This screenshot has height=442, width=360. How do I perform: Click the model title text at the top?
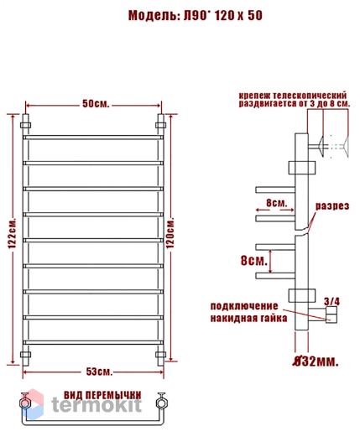click(196, 16)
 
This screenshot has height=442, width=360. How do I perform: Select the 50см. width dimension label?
click(96, 104)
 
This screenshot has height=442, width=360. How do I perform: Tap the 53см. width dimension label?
click(99, 372)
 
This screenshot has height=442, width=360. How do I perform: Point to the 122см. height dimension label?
click(12, 233)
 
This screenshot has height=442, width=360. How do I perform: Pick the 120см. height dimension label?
click(170, 232)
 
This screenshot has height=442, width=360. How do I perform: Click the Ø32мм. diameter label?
click(316, 361)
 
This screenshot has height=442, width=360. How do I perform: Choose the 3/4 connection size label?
click(331, 301)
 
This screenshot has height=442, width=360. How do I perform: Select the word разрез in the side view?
click(332, 206)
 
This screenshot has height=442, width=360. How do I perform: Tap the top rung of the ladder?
click(93, 138)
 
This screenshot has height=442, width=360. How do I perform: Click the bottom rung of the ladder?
click(93, 343)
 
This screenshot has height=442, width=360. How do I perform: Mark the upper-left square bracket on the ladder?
click(25, 125)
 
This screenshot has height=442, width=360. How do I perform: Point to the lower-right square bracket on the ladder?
click(160, 355)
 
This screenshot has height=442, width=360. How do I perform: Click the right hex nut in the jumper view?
click(161, 403)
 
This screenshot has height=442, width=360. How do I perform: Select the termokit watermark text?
click(97, 405)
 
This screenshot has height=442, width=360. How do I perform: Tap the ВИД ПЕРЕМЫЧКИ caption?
click(102, 395)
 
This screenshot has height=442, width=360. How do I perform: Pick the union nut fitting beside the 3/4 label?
click(331, 315)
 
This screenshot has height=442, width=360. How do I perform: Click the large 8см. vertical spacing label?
click(254, 261)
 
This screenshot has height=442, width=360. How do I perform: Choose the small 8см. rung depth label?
click(276, 203)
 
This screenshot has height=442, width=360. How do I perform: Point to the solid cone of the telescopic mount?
click(321, 147)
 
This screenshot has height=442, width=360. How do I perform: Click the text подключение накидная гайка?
click(249, 312)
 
